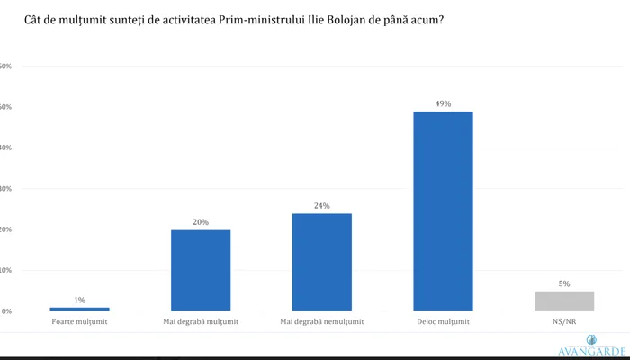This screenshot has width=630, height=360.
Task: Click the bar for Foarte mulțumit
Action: pyautogui.click(x=79, y=309)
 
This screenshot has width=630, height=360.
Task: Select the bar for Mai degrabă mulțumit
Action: pyautogui.click(x=201, y=270)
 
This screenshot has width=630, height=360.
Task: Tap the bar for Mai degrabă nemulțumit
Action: pyautogui.click(x=321, y=262)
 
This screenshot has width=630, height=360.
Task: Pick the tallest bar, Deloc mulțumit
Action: pyautogui.click(x=443, y=211)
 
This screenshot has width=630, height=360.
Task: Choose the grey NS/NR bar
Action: pyautogui.click(x=564, y=301)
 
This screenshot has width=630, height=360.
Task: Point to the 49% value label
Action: pyautogui.click(x=443, y=103)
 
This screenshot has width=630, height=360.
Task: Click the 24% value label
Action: pyautogui.click(x=321, y=205)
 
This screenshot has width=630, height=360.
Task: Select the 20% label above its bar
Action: pyautogui.click(x=201, y=221)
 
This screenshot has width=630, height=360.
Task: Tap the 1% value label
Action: pyautogui.click(x=79, y=300)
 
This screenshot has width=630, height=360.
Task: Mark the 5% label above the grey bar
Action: pyautogui.click(x=564, y=283)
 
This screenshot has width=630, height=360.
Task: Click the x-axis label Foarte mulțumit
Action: pyautogui.click(x=80, y=320)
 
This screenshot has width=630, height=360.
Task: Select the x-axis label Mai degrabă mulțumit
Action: pyautogui.click(x=201, y=320)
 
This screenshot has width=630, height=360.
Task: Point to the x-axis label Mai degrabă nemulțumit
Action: pyautogui.click(x=321, y=320)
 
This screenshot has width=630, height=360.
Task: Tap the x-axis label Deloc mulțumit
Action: pyautogui.click(x=443, y=320)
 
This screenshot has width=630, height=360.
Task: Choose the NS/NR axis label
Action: pyautogui.click(x=564, y=320)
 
